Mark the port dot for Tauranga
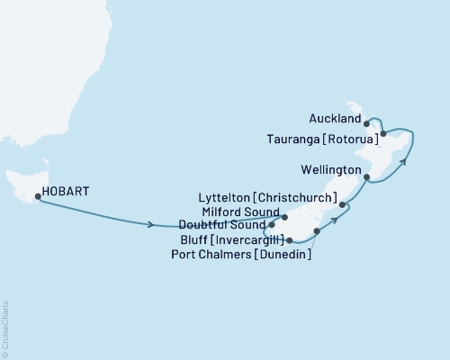(x=383, y=134)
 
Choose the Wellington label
(x=332, y=169)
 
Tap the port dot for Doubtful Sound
(x=271, y=224)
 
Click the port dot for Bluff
(x=289, y=240)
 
